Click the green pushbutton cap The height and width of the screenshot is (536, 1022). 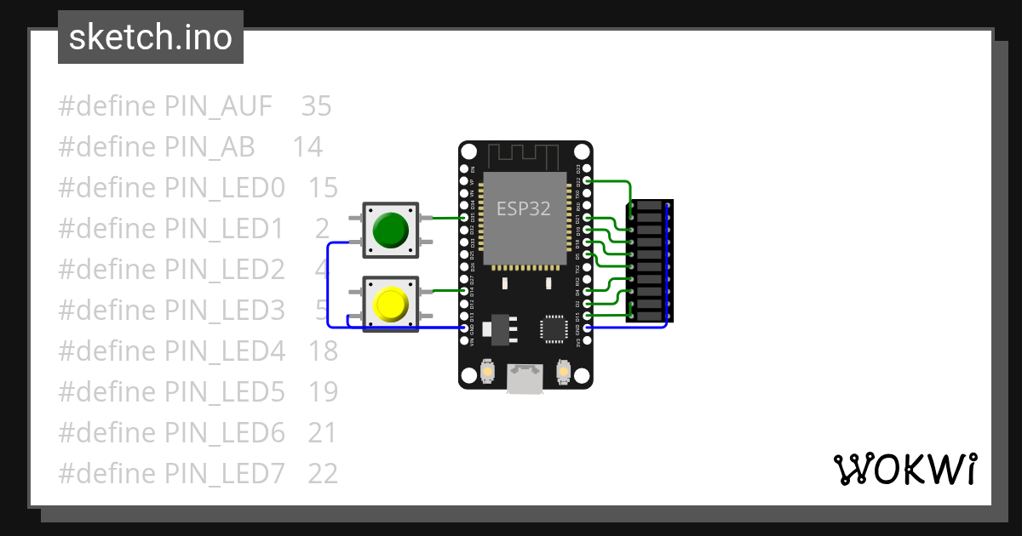(x=390, y=229)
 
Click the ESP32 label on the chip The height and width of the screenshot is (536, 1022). (x=524, y=208)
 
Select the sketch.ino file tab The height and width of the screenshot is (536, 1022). (x=151, y=37)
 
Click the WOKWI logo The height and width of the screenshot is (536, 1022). (x=904, y=469)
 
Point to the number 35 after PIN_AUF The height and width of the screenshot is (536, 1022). (x=316, y=106)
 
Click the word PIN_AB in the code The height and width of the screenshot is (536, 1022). (x=210, y=147)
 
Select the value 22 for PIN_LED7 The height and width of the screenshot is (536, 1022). (x=323, y=473)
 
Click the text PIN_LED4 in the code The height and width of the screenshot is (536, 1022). (x=225, y=351)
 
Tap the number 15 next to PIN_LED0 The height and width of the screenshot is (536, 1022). (x=323, y=188)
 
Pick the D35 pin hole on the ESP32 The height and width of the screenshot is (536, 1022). (x=465, y=218)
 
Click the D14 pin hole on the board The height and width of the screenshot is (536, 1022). (x=465, y=291)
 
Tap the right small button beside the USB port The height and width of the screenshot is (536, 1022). (x=561, y=372)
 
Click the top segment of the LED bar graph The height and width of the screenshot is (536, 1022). (x=649, y=206)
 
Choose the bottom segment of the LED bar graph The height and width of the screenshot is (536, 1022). (x=649, y=316)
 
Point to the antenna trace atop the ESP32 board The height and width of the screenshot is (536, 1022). (x=524, y=156)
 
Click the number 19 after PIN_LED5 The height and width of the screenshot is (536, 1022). (x=323, y=391)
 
